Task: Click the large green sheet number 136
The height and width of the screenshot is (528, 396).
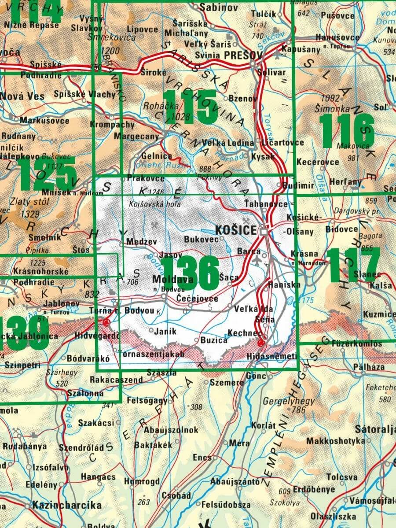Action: [190, 272]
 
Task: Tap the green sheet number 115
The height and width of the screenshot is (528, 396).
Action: [190, 107]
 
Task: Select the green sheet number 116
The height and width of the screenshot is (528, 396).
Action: [347, 130]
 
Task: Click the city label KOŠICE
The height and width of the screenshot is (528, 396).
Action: [236, 230]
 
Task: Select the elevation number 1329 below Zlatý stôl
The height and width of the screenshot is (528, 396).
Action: [30, 214]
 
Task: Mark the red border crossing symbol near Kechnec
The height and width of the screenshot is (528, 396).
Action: [262, 343]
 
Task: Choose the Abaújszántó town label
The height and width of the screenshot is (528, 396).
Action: [235, 481]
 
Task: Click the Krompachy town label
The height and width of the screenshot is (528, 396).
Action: [112, 125]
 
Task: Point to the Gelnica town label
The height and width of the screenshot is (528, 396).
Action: [157, 156]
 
